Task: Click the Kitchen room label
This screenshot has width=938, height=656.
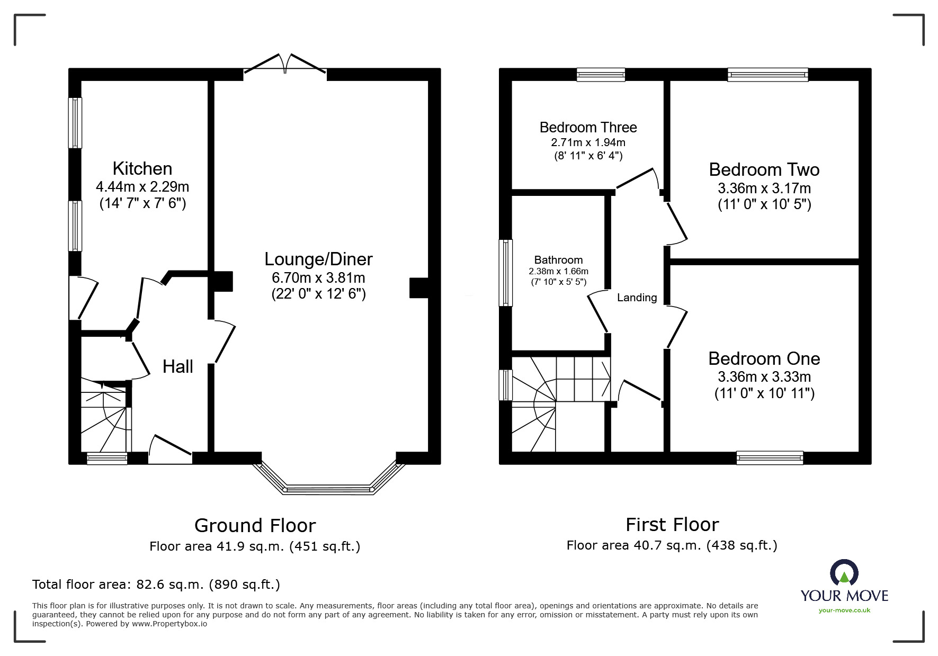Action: point(142,168)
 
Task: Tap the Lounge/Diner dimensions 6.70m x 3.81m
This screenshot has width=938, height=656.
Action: point(318,277)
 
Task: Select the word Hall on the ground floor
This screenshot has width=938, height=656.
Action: point(177,366)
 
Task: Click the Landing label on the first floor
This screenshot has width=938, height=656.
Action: point(637,298)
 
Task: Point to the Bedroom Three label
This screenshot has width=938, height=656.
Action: point(588,128)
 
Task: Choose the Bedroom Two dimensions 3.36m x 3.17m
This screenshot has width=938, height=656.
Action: point(764,188)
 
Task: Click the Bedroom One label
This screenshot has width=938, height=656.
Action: point(764,358)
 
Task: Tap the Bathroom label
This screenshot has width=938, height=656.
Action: point(558,260)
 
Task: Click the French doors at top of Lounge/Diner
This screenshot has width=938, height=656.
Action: point(285,66)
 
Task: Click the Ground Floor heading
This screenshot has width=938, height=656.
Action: point(255,525)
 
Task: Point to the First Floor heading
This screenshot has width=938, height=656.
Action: point(672,524)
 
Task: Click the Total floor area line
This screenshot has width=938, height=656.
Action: point(156,585)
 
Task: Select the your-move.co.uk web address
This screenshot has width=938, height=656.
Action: point(844,610)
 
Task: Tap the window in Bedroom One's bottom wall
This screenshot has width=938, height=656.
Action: point(770,458)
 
